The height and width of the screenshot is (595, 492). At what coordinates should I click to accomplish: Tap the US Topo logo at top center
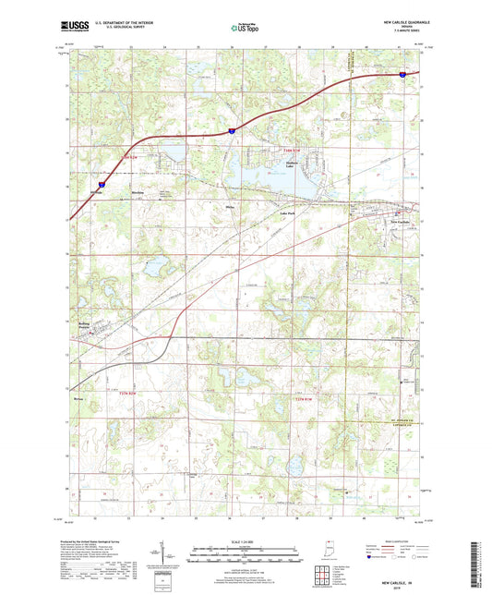245,30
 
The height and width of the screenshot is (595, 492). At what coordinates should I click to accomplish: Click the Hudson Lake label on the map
289,165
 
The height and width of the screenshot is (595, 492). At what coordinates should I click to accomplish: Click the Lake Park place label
287,214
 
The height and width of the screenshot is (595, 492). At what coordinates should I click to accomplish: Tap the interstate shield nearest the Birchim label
102,184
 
